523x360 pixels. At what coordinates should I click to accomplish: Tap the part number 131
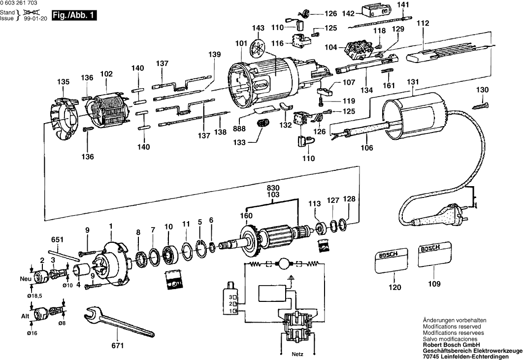413,82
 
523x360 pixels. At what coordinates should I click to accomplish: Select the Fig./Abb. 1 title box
74,16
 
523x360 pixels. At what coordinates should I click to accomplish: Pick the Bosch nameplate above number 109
435,255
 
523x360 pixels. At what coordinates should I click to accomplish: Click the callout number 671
118,346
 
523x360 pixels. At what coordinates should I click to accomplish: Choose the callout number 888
239,129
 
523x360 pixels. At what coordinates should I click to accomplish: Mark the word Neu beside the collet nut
25,279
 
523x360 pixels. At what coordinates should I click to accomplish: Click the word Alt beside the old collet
25,316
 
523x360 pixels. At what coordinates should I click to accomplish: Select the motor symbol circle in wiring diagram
283,264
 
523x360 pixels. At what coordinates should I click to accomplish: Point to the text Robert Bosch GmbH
451,345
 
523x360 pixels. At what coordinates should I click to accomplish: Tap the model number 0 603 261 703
19,3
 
